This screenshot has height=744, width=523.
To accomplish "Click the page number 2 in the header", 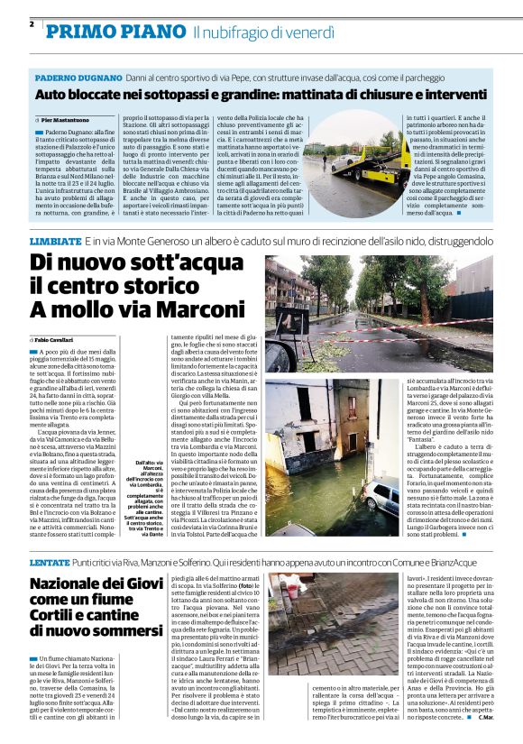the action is tap(32, 23).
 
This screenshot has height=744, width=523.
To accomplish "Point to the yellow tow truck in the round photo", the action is tap(364, 158).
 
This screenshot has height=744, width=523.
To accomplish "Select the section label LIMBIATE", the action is tap(55, 243).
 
